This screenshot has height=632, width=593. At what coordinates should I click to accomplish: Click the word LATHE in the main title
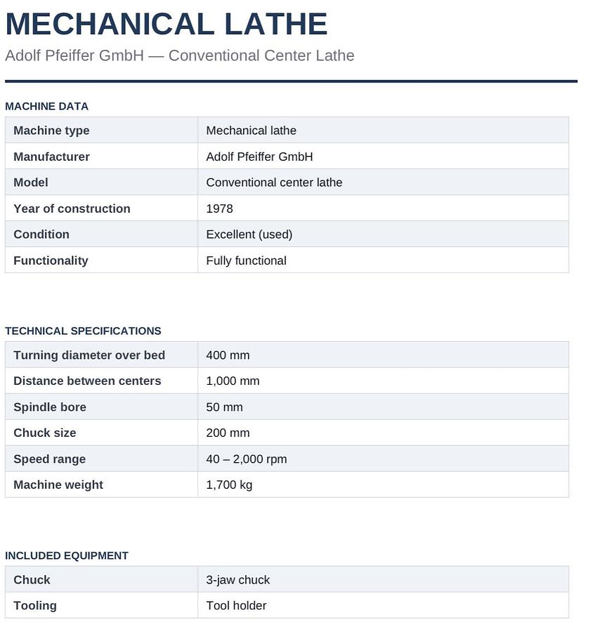tap(275, 24)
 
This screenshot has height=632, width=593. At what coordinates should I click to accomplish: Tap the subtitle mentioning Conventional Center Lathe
tap(180, 55)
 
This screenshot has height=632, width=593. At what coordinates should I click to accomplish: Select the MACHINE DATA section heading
tap(46, 106)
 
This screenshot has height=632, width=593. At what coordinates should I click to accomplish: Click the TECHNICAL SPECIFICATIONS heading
tap(83, 331)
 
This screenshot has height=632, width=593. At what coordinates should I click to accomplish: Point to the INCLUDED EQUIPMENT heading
tap(67, 555)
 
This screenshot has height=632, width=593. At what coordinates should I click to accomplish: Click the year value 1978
tap(219, 209)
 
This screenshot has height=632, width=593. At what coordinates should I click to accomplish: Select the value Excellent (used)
tap(249, 235)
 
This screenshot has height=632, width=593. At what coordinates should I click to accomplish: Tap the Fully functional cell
tap(246, 261)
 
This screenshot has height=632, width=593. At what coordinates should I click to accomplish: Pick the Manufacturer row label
tap(51, 157)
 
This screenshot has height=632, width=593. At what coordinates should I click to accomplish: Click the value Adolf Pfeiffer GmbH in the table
tap(259, 157)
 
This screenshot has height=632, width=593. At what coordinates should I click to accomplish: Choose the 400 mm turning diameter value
tap(228, 355)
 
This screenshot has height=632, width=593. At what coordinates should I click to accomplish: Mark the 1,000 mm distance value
tap(233, 381)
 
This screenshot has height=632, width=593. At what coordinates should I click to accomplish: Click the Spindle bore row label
tap(50, 407)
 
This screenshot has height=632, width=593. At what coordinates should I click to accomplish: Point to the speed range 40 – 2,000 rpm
tap(246, 459)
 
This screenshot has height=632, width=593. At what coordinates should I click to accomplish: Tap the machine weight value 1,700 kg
tap(229, 485)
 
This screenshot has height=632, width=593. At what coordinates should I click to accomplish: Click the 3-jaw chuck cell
tap(237, 580)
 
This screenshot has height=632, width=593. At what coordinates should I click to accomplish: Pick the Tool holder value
tap(236, 605)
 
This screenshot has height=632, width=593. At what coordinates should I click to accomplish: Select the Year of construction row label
tap(72, 209)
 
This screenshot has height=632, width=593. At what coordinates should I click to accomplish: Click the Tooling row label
tap(35, 605)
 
